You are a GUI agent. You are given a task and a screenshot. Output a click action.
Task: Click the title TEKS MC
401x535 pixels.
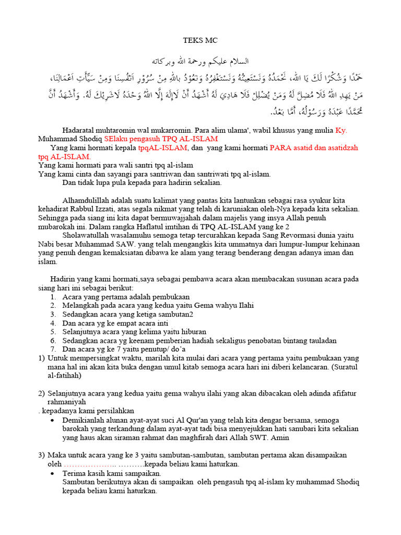click(x=200, y=40)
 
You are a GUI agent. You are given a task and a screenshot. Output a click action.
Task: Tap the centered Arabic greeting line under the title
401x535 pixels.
click(x=200, y=61)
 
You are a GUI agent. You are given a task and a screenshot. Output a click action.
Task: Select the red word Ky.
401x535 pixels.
click(x=341, y=130)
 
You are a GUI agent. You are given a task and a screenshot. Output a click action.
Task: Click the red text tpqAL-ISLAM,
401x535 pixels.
click(x=163, y=148)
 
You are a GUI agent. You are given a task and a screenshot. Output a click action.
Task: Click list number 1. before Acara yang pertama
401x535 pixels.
click(x=53, y=297)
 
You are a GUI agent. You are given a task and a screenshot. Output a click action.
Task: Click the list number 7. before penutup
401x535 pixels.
click(x=53, y=349)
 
